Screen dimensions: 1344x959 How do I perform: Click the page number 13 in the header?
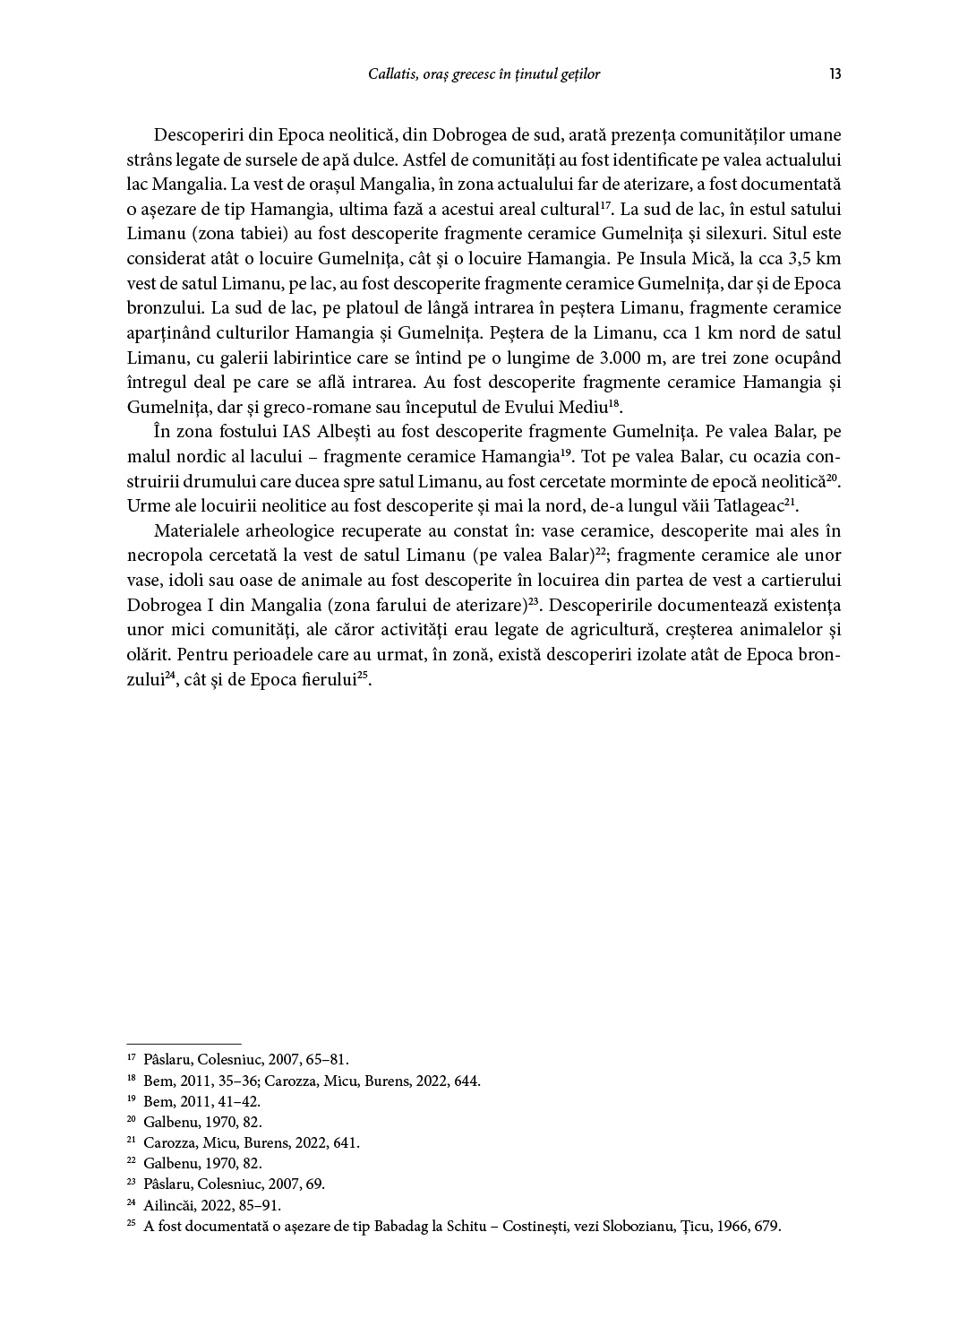(835, 74)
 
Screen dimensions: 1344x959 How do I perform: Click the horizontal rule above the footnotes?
(184, 1044)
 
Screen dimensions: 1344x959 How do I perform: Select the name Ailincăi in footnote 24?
(168, 1205)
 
